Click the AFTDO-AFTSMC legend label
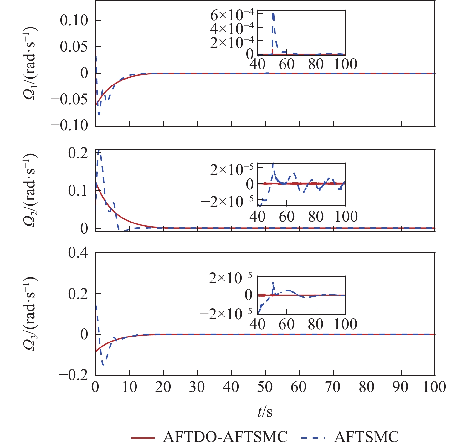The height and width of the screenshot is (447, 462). (x=225, y=436)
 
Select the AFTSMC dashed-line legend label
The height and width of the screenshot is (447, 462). (x=366, y=436)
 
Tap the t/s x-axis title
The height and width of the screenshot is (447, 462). (x=265, y=412)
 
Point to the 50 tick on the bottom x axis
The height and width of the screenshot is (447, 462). (x=265, y=387)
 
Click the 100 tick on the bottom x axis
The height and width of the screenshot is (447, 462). (x=434, y=387)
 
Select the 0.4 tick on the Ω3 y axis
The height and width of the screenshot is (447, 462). (x=78, y=253)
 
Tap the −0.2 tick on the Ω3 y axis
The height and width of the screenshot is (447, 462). (x=74, y=375)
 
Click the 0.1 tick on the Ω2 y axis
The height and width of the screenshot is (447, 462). (x=78, y=191)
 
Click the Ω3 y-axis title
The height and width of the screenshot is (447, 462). (x=30, y=313)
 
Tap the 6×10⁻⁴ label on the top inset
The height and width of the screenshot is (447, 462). (x=231, y=15)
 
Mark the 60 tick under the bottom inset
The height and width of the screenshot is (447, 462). (x=286, y=324)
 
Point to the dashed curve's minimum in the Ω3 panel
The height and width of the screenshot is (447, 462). (x=103, y=365)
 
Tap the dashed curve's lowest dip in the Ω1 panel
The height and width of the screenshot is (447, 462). (x=99, y=115)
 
